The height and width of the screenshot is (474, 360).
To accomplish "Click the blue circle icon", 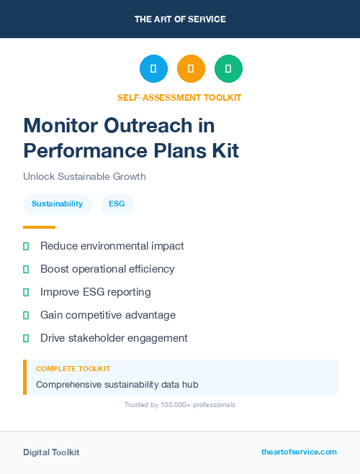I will point(153,68).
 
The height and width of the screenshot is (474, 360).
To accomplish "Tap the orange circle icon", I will point(191,68).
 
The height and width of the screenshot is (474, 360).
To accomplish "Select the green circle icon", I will point(228,68).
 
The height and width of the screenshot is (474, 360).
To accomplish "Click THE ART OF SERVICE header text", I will point(180,19).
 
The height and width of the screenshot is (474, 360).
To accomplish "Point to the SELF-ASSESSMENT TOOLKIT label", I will point(179,97).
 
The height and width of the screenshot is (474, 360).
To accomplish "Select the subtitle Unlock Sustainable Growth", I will point(84,176).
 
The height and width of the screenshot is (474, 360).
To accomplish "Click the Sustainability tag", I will point(57,204).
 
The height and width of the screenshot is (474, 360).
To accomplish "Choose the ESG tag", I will point(117,204).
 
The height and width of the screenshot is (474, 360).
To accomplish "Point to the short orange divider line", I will point(39,227).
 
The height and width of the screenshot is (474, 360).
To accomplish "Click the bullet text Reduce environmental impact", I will point(112,246).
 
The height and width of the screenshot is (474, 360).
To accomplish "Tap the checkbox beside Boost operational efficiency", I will point(26,269).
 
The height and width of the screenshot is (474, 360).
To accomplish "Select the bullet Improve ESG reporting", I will point(95,292).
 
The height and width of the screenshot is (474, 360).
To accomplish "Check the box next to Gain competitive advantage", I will point(26,315).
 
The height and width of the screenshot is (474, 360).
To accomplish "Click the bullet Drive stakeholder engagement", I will point(114,338).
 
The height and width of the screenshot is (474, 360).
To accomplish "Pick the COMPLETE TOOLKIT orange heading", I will point(73,368).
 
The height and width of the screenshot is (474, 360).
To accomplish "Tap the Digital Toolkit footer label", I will point(51,452).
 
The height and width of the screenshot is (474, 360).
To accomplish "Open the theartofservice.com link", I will point(299,452).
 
